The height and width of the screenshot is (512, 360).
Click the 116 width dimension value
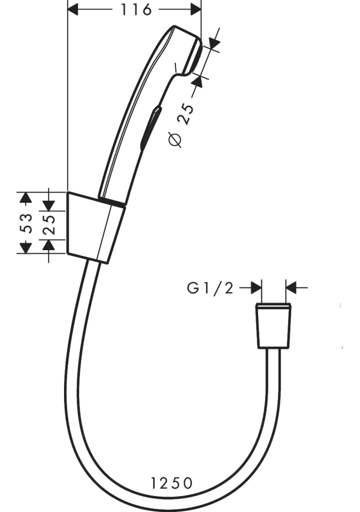point(135,10)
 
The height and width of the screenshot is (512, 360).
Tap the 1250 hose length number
point(171,483)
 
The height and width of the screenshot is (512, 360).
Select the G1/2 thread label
point(210,288)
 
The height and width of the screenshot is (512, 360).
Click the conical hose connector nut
point(273,326)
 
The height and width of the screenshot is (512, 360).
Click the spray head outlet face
point(194,55)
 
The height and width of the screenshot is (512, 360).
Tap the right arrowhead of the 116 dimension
point(195,10)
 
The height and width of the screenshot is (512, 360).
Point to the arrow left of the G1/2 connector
point(255,288)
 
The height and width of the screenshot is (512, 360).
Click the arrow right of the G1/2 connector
point(292,288)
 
